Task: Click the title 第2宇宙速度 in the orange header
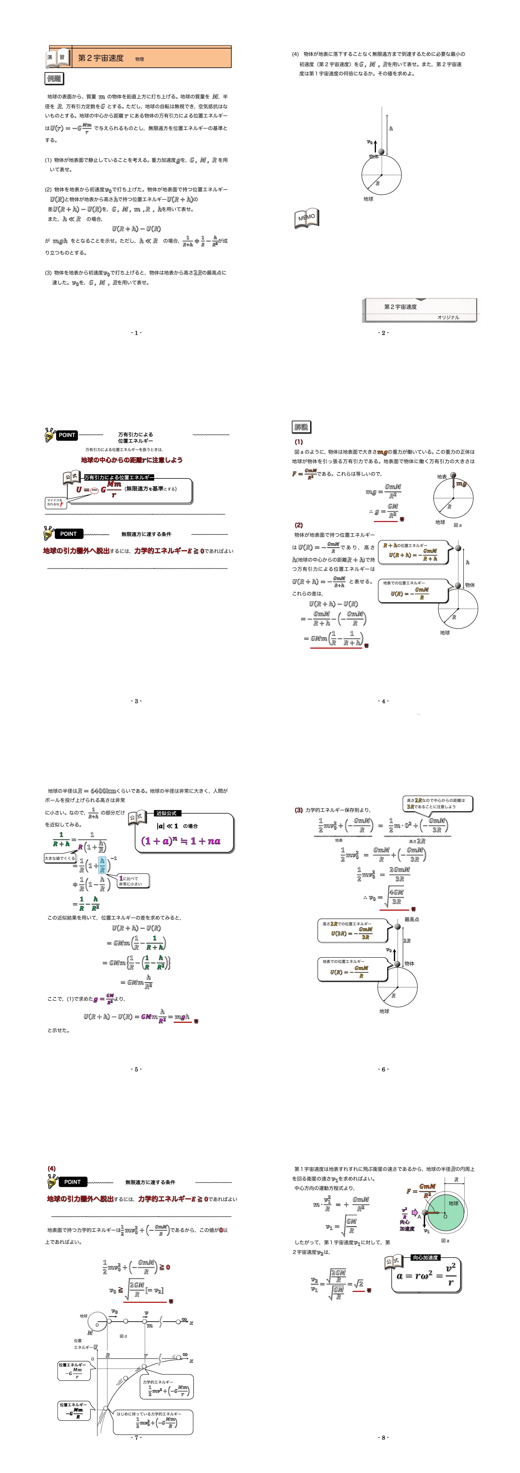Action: coord(101,58)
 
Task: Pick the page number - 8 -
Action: coord(383,1437)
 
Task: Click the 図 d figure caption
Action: coord(123,1336)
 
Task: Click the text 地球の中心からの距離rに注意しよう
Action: coord(132,460)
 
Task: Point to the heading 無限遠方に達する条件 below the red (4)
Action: coord(150,1182)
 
